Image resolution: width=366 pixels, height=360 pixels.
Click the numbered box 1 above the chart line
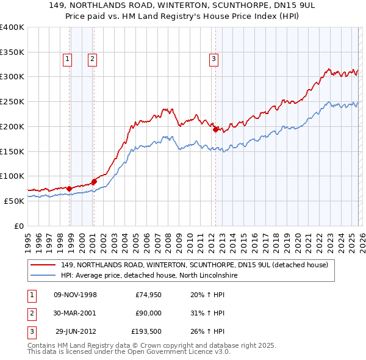[x=66, y=59]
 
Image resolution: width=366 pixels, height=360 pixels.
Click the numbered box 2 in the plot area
[x=92, y=59]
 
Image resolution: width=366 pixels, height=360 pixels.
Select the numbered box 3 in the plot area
[x=214, y=59]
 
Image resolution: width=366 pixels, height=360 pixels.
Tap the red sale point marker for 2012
[x=215, y=129]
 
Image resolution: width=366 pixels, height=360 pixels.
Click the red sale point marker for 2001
[x=94, y=181]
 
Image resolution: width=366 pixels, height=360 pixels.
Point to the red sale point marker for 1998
[x=69, y=189]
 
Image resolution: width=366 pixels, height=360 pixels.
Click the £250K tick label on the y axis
[x=12, y=101]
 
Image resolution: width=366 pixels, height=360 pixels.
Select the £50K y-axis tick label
[x=14, y=201]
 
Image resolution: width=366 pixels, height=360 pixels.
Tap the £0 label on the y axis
[x=19, y=226]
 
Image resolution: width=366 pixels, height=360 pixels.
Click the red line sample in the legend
[x=43, y=265]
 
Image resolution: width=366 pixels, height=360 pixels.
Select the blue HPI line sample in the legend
[x=43, y=275]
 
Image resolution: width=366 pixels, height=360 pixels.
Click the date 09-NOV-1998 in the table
[x=76, y=295]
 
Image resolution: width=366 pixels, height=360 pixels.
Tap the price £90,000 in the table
[x=148, y=313]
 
